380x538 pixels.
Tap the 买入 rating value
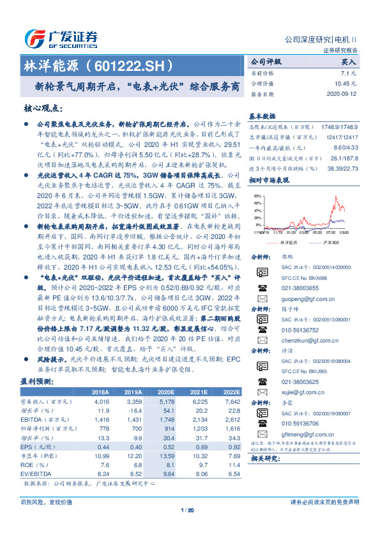click(x=348, y=63)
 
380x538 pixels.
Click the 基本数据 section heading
click(x=262, y=116)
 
